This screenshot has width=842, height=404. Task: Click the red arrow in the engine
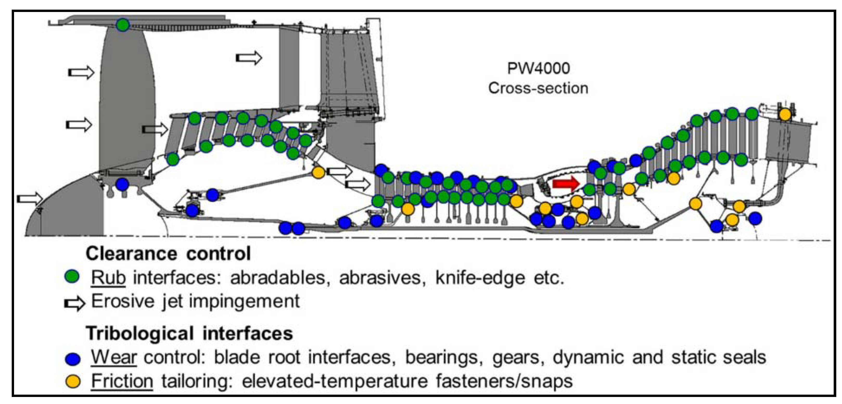click(565, 184)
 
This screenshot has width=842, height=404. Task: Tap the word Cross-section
click(538, 88)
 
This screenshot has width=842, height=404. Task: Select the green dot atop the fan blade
click(123, 25)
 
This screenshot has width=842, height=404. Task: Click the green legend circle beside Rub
click(72, 277)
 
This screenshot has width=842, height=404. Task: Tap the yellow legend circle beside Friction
click(72, 381)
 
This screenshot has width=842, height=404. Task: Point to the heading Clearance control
click(168, 254)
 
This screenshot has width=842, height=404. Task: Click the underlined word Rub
click(108, 278)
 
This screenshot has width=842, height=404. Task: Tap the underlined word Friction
click(122, 381)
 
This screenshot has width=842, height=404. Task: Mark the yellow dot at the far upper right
click(785, 115)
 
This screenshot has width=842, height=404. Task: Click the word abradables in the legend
click(278, 278)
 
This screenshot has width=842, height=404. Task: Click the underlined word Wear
click(113, 357)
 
